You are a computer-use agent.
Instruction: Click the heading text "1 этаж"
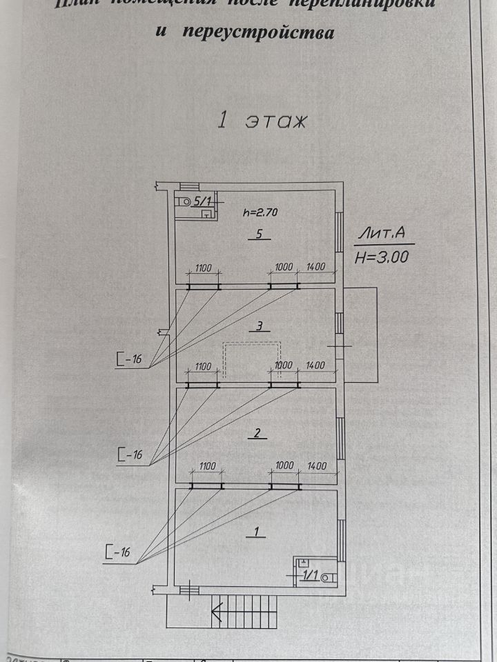262,121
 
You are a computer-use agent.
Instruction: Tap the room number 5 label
259,234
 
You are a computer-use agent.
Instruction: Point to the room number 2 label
257,434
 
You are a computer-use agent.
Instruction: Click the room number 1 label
256,532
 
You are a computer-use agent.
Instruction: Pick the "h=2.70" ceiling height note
260,213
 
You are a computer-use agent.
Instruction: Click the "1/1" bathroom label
309,576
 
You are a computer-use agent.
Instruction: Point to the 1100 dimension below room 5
202,267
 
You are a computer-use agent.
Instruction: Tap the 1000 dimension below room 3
284,365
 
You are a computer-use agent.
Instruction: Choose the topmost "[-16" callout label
129,359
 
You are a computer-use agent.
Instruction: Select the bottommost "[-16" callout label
118,552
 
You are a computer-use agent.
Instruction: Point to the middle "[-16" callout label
129,454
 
